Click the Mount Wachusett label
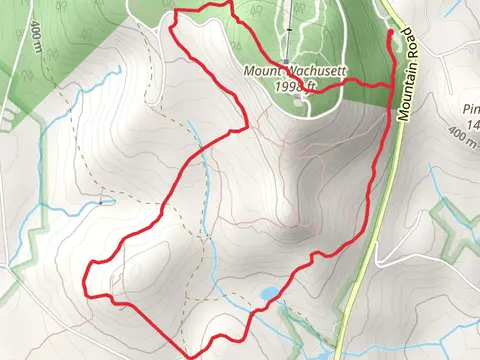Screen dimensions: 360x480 click(284, 72)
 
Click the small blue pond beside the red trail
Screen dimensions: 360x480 click(269, 294)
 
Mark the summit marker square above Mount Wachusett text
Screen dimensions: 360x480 click(286, 62)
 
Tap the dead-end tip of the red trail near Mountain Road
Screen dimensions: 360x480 click(388, 33)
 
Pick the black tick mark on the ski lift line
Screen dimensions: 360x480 click(288, 30)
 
